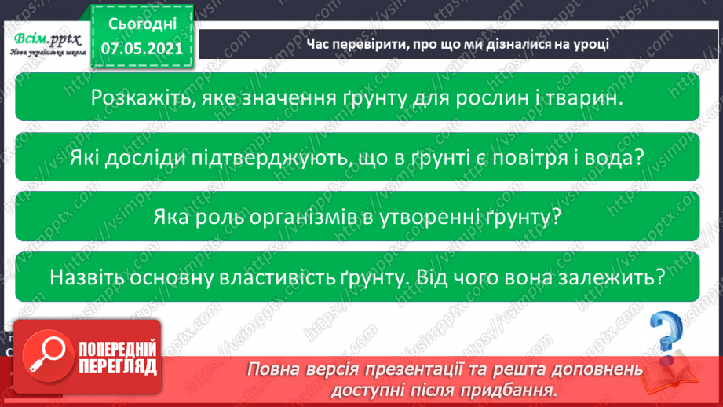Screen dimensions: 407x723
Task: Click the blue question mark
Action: point(666,333)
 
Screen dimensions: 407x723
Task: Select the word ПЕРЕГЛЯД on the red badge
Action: point(117,365)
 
